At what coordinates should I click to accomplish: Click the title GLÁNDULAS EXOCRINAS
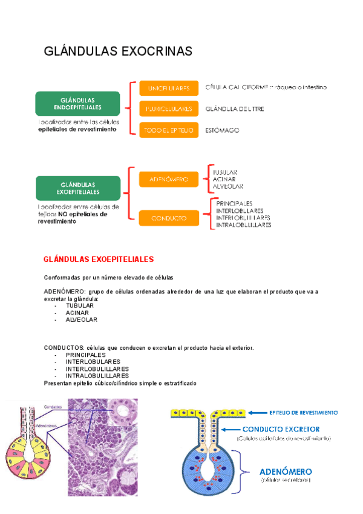(118, 52)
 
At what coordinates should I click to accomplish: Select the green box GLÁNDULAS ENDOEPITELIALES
(77, 103)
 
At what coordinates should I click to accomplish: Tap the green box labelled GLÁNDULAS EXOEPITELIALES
(77, 188)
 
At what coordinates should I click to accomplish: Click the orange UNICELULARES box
(169, 88)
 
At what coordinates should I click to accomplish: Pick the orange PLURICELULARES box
(169, 109)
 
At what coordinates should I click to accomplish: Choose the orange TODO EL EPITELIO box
(169, 130)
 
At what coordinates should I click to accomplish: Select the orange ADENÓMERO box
(169, 179)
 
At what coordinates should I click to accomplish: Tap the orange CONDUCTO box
(169, 218)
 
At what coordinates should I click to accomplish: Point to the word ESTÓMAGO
(223, 130)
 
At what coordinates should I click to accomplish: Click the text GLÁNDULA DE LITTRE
(235, 109)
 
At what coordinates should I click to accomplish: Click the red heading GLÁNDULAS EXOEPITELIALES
(99, 259)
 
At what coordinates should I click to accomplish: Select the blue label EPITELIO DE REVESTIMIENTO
(303, 412)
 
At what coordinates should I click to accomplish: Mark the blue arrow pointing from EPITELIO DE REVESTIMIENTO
(257, 412)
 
